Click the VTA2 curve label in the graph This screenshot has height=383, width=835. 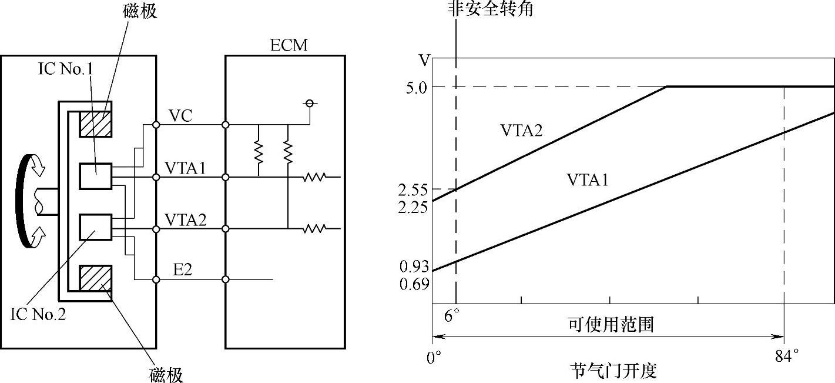click(x=521, y=131)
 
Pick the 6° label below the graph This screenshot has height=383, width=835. click(x=452, y=316)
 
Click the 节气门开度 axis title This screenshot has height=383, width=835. click(x=613, y=371)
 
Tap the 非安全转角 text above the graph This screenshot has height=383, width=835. click(x=490, y=9)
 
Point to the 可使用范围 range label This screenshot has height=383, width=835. click(x=611, y=324)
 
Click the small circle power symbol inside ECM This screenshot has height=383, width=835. click(x=308, y=104)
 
